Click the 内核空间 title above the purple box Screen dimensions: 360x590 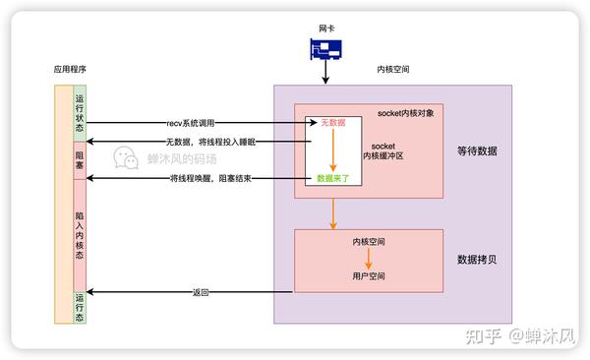click(393, 71)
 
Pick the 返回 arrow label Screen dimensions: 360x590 click(201, 292)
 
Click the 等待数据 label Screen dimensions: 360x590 click(477, 150)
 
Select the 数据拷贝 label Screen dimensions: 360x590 click(477, 260)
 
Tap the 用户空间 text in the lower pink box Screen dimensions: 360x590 click(368, 275)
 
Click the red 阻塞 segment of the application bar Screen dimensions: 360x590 click(80, 160)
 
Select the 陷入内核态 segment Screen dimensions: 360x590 click(80, 234)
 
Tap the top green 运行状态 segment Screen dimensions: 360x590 click(80, 114)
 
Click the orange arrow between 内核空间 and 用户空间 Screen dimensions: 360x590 click(368, 259)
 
